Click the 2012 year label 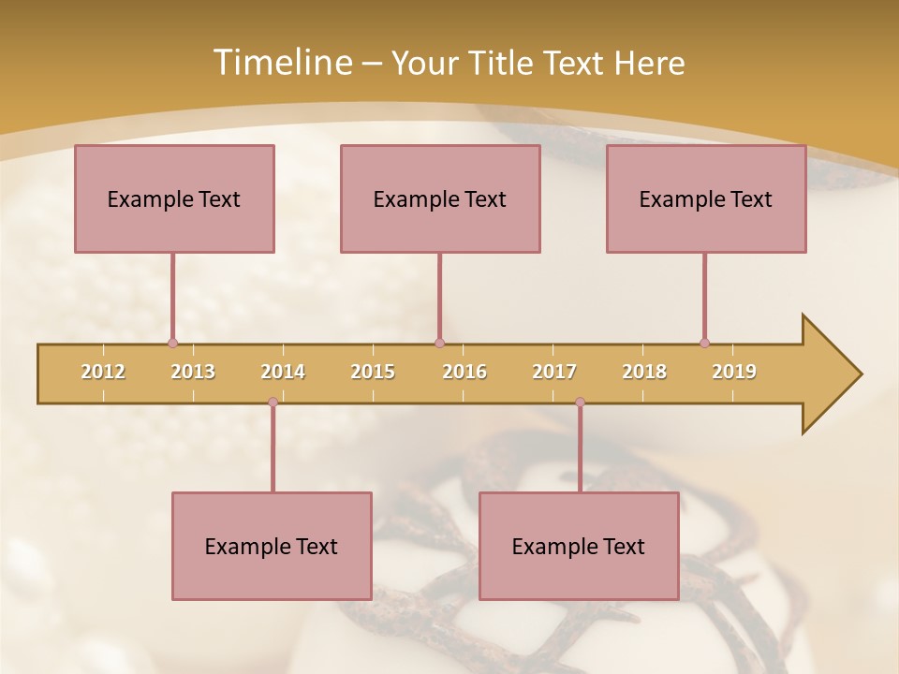(x=103, y=372)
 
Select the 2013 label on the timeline (x=193, y=372)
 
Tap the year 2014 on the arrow (x=283, y=372)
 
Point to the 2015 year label (x=373, y=372)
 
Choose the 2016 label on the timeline (x=464, y=372)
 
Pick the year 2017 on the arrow (x=554, y=372)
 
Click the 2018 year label (x=644, y=372)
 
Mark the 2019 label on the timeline (x=734, y=372)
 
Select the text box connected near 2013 (x=174, y=198)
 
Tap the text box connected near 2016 (x=440, y=198)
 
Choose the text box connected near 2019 (x=706, y=198)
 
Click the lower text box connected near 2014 (x=272, y=546)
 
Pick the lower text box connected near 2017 (x=579, y=546)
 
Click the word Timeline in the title (x=281, y=62)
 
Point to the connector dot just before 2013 (x=172, y=343)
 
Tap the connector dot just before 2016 (x=439, y=343)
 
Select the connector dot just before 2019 (x=704, y=343)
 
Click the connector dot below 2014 (x=273, y=403)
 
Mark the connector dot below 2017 (x=580, y=403)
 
